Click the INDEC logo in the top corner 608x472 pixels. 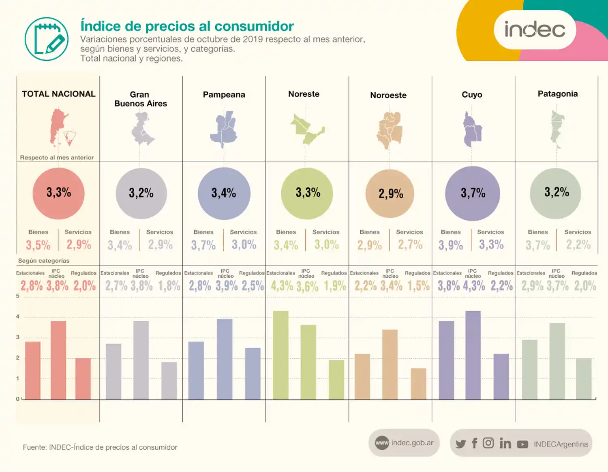point(534,30)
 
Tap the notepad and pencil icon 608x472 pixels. point(47,39)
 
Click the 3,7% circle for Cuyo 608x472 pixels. point(473,193)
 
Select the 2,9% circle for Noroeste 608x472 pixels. point(390,193)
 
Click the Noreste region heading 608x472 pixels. point(304,94)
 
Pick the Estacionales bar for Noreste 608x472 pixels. point(280,355)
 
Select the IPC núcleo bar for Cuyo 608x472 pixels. point(473,355)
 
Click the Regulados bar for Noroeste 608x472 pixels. point(418,384)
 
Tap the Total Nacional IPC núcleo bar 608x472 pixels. point(58,360)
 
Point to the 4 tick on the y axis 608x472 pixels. point(17,317)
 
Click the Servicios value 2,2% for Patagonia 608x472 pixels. point(578,245)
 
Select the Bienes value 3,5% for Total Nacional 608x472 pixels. point(38,245)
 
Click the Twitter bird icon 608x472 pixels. point(460,444)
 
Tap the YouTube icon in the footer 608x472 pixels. point(522,444)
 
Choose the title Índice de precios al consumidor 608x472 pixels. point(187,26)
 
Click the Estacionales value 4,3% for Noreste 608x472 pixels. point(282,286)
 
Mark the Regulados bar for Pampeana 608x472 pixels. point(253,373)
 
